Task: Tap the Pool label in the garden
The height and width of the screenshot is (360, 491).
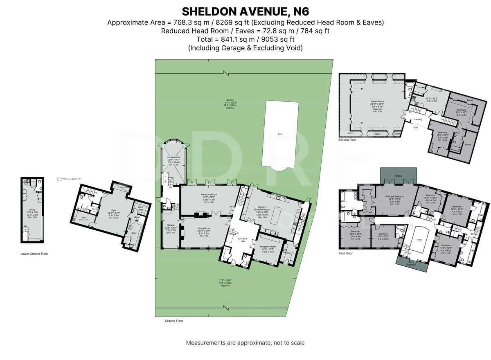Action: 280,134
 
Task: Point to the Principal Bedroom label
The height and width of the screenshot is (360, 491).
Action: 394,196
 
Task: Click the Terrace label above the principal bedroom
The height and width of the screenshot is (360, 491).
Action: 398,176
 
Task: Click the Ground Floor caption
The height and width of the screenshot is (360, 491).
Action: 174,321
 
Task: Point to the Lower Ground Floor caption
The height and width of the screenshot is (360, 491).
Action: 34,254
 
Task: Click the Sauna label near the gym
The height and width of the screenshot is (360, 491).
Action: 94,208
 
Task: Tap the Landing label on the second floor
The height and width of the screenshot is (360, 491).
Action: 418,119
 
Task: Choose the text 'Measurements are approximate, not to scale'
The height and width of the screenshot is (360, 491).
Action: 245,342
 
